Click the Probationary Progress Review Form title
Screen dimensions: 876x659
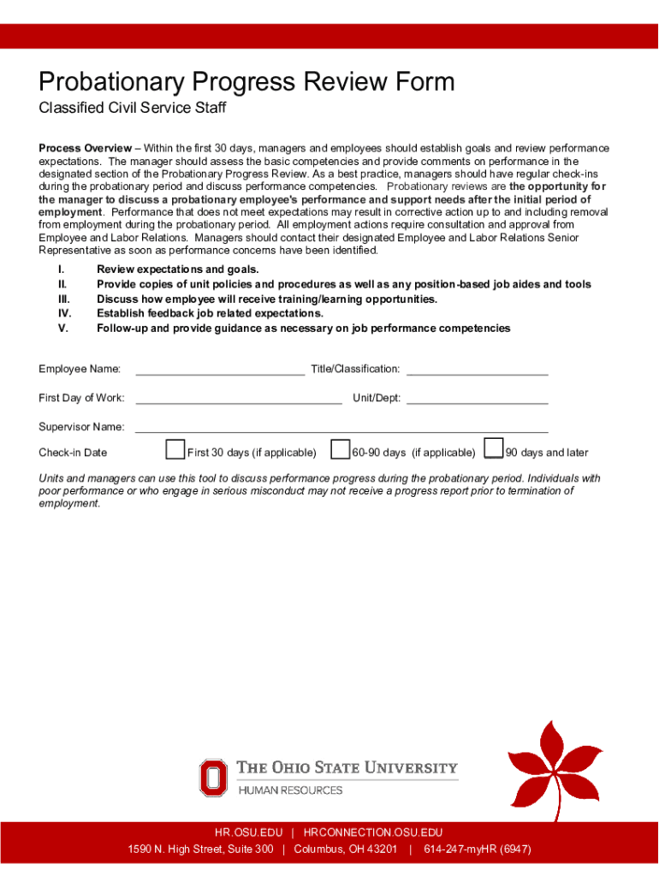[246, 82]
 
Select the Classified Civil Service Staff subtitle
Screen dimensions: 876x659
[132, 109]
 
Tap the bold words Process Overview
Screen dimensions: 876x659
[85, 148]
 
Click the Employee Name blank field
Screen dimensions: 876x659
[220, 370]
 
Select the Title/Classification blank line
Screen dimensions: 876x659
[477, 370]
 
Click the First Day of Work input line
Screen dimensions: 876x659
[238, 398]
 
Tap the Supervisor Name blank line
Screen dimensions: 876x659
[341, 427]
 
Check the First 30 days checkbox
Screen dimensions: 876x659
[175, 449]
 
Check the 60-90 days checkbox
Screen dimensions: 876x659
[340, 449]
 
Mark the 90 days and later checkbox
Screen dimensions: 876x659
[493, 449]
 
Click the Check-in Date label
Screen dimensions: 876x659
[73, 453]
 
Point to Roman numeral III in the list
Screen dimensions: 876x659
[63, 299]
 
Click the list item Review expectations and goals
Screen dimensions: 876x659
[177, 269]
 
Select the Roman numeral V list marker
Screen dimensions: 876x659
[62, 328]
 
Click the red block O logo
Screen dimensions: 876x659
[213, 778]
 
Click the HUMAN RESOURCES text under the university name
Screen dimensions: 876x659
[289, 790]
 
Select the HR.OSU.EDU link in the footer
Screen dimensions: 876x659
[248, 832]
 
